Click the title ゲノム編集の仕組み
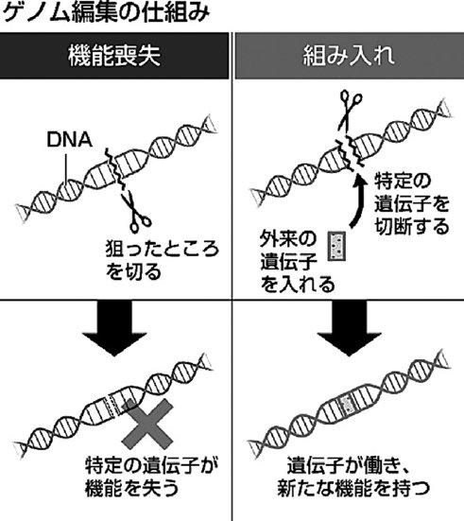[x=106, y=12]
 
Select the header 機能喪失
[x=114, y=56]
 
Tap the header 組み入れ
[x=349, y=56]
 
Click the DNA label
[x=69, y=140]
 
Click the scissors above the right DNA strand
[x=349, y=111]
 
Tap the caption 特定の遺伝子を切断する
[x=412, y=203]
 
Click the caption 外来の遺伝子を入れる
[x=297, y=262]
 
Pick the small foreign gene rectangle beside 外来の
[x=336, y=246]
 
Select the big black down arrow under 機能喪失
[x=114, y=328]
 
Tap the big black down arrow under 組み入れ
[x=349, y=328]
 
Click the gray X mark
[x=148, y=424]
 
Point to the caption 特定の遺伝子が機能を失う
[x=151, y=478]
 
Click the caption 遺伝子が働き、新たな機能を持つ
[x=353, y=478]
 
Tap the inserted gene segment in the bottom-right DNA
[x=347, y=405]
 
